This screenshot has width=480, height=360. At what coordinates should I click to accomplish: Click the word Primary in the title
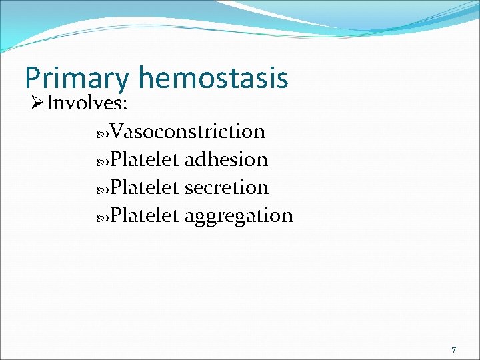pos(77,79)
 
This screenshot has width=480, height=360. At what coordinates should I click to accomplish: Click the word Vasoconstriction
pos(188,131)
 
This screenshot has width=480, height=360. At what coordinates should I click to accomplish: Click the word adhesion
pos(226,159)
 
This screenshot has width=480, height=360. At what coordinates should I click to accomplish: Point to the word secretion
pos(226,187)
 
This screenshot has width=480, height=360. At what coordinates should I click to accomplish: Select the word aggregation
pos(239,217)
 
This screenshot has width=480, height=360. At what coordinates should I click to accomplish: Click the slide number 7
pos(453,350)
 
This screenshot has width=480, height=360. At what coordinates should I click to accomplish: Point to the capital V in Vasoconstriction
pos(117,131)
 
